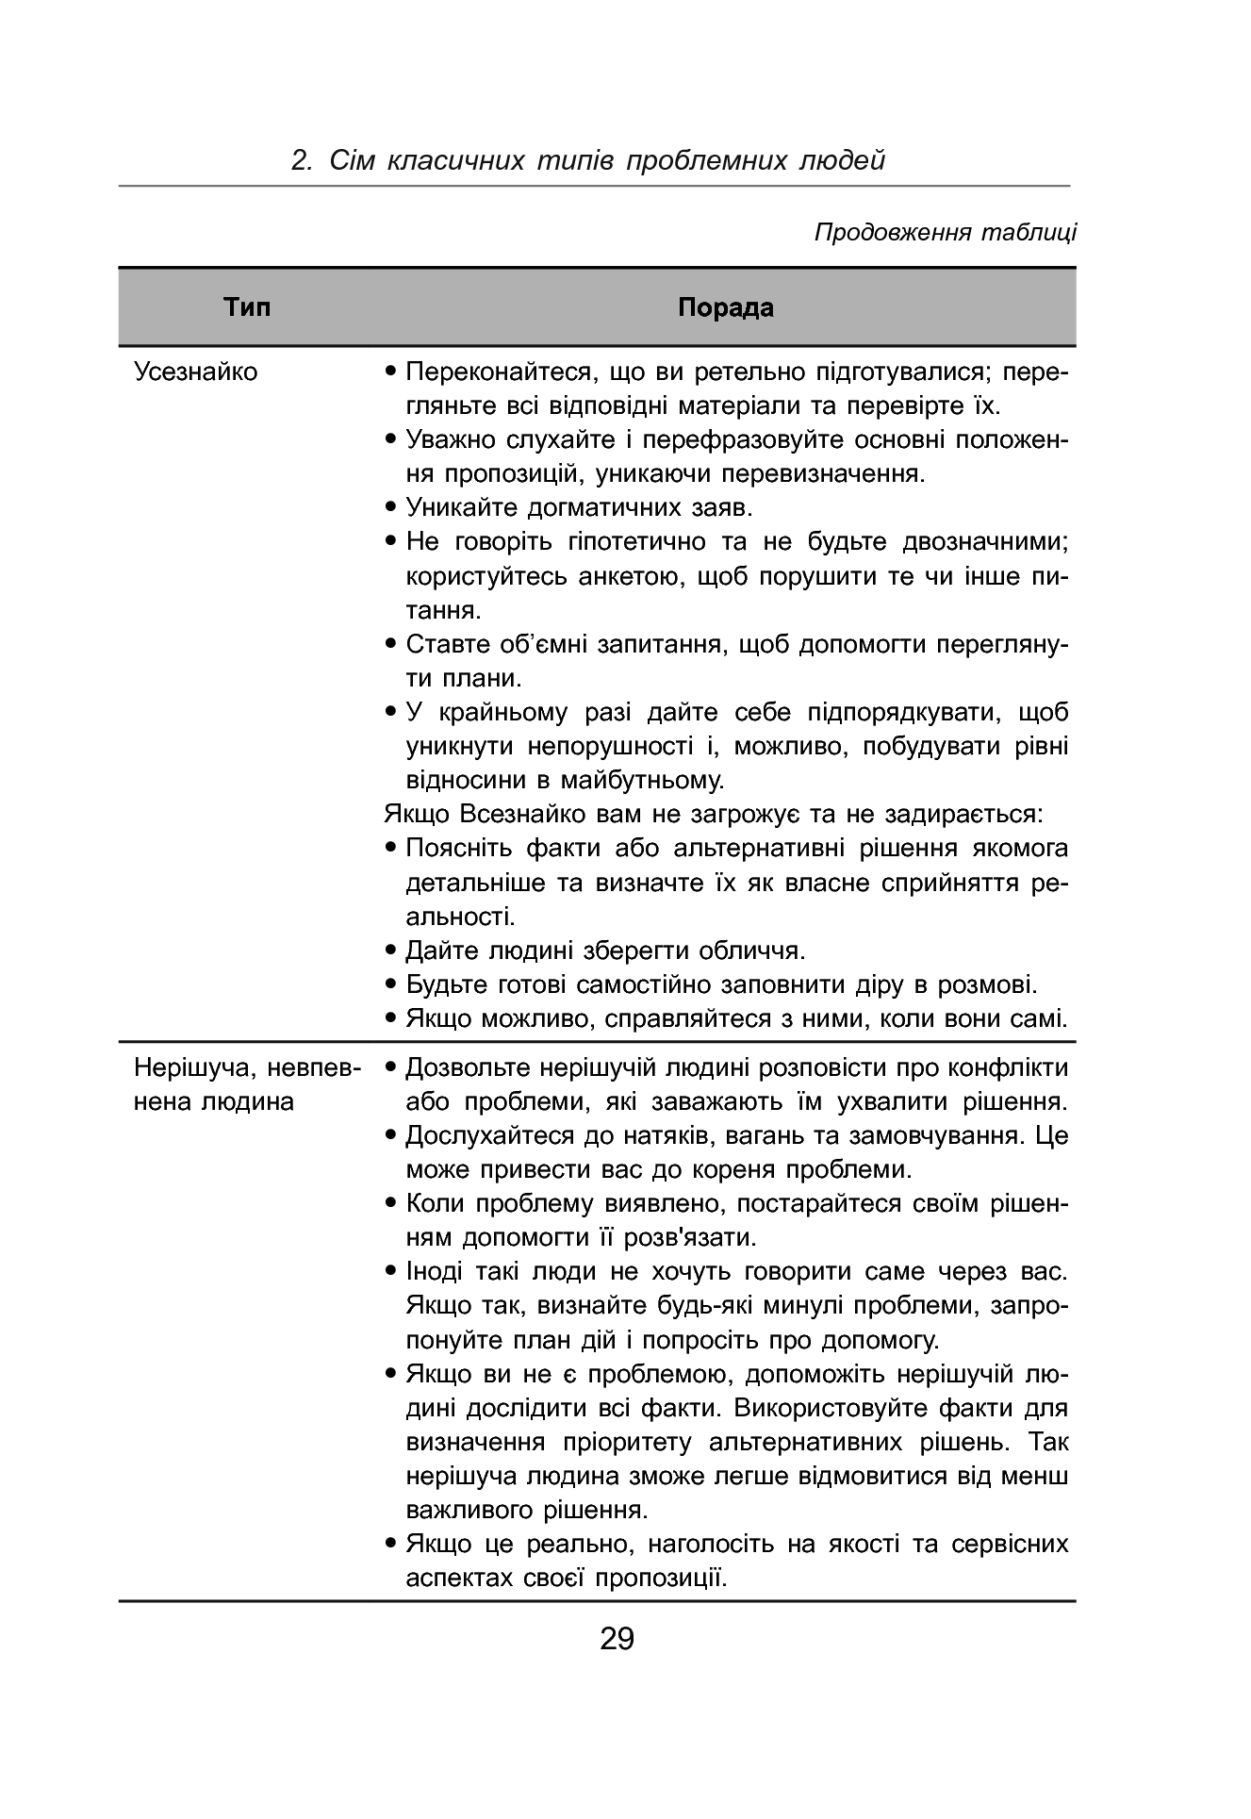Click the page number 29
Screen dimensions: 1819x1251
(x=617, y=1638)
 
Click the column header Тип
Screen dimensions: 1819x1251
(x=247, y=307)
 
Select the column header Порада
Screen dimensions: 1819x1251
(x=725, y=307)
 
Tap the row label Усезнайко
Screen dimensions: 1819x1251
(x=195, y=372)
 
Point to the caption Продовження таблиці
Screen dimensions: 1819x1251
(x=945, y=232)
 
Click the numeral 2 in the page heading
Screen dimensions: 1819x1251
(x=301, y=160)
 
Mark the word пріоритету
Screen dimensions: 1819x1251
(x=627, y=1442)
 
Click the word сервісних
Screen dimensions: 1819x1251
(x=1010, y=1545)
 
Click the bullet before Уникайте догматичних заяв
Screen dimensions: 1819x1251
(x=390, y=508)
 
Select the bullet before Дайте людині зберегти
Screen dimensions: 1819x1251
(x=390, y=951)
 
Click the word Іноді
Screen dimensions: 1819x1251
(x=434, y=1271)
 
